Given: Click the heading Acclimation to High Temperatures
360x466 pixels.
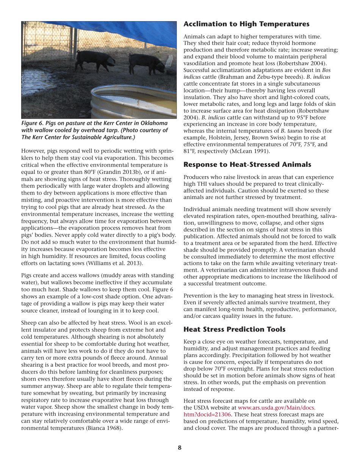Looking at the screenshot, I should pyautogui.click(x=246, y=24).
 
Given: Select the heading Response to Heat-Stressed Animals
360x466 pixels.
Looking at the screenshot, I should pyautogui.click(x=247, y=164).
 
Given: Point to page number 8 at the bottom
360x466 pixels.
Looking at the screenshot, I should pyautogui.click(x=180, y=448).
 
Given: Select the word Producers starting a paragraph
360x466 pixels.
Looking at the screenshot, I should pyautogui.click(x=198, y=177).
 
